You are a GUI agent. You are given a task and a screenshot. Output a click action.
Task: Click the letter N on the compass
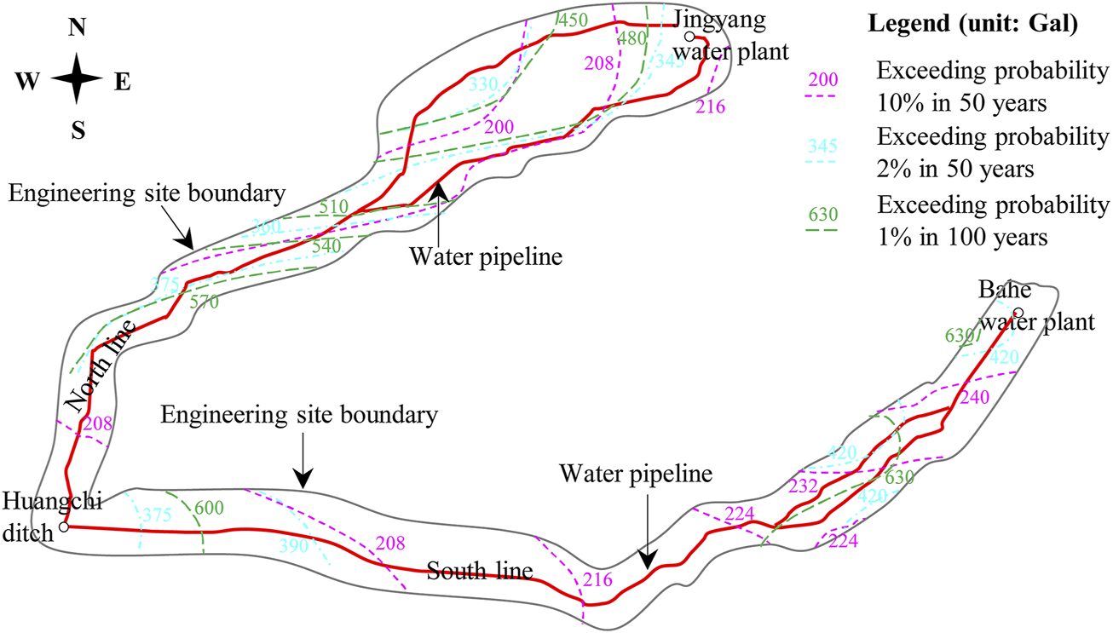point(77,27)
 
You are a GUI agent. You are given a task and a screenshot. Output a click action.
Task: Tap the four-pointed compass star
point(77,79)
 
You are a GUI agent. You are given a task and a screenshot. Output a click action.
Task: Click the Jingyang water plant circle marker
point(689,37)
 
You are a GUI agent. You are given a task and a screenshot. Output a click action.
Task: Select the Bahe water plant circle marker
point(1018,312)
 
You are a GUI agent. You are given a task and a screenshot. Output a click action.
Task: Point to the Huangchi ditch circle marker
point(63,527)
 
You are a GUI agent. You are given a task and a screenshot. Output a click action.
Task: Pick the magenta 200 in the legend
point(823,80)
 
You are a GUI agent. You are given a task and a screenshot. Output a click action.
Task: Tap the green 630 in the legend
point(823,213)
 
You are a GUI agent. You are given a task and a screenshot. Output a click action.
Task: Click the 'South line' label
point(480,570)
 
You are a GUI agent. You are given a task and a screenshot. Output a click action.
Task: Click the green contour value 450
point(573,18)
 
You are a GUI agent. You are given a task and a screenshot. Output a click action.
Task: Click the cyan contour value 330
point(483,83)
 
